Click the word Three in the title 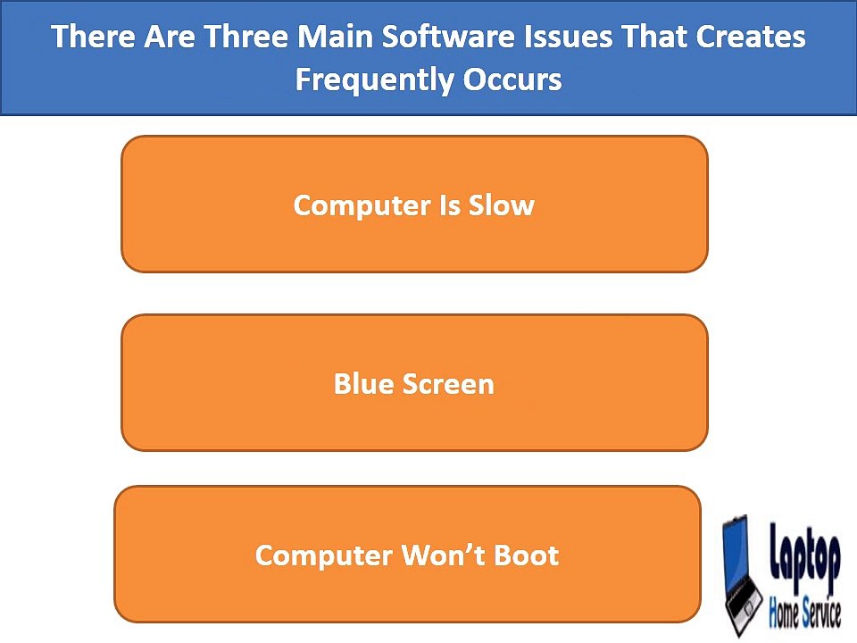click(246, 37)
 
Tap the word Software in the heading click(448, 37)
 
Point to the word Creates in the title click(751, 37)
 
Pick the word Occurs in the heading click(512, 79)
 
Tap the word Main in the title click(335, 37)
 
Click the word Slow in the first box click(501, 205)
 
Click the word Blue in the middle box click(364, 384)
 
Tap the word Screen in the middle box click(448, 384)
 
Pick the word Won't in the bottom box click(444, 555)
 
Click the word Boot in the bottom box click(527, 555)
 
